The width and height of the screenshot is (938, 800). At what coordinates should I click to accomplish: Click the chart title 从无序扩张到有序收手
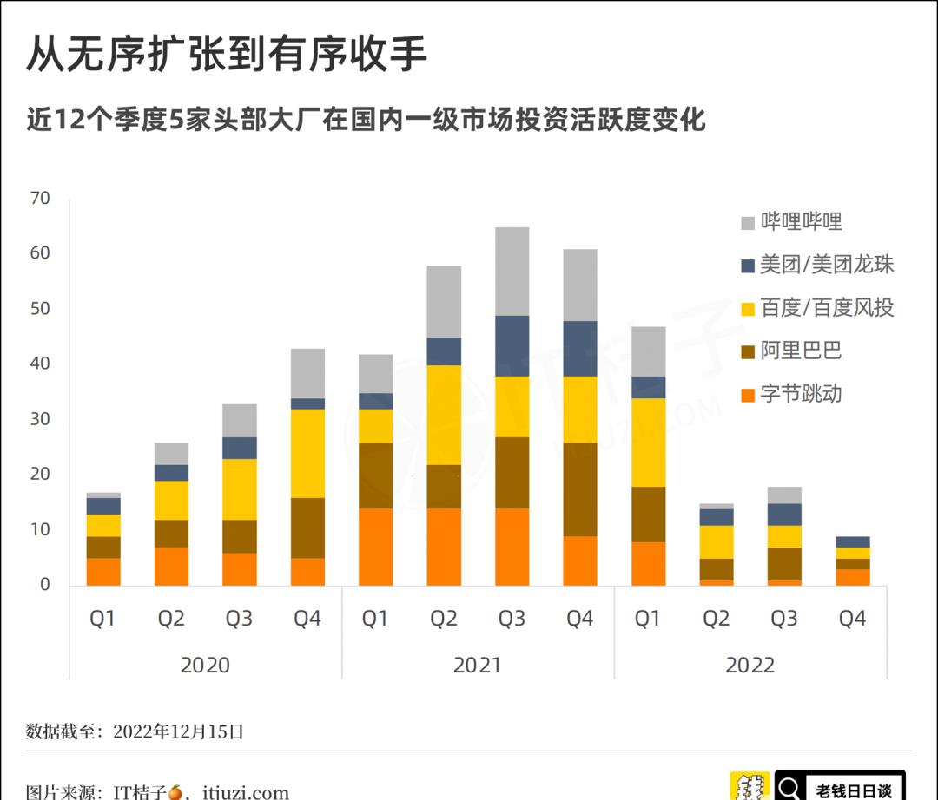click(227, 54)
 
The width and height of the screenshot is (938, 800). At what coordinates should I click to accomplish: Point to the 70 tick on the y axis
click(41, 199)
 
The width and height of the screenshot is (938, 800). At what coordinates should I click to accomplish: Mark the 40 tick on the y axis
click(41, 364)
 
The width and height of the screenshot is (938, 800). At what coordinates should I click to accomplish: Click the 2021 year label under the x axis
click(478, 665)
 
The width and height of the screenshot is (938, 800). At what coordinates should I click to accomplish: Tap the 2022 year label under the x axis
click(750, 665)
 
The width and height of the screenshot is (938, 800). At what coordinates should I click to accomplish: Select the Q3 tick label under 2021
click(512, 619)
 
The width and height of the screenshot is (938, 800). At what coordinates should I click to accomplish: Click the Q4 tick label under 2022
click(852, 619)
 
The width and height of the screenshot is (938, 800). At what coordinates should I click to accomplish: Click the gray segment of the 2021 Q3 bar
click(512, 271)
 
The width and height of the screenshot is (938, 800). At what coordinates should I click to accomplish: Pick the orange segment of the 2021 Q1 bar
click(375, 547)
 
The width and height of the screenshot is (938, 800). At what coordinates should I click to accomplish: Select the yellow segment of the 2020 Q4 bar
click(307, 453)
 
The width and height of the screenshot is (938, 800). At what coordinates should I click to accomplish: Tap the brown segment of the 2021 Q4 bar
click(580, 489)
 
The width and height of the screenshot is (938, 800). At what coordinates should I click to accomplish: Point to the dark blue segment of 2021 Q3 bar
click(512, 345)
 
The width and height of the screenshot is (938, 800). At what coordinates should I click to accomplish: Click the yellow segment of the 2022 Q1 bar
click(648, 442)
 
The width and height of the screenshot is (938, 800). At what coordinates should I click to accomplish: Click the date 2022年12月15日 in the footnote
click(179, 731)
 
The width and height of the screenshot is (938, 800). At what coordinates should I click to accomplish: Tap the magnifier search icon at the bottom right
click(790, 788)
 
